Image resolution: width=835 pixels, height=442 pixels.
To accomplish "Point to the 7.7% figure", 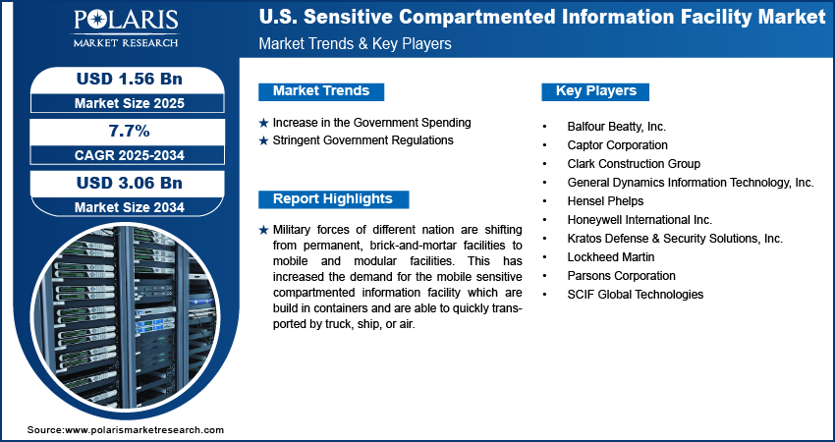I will click(128, 131).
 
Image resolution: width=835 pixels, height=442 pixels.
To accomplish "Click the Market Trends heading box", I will click(321, 91).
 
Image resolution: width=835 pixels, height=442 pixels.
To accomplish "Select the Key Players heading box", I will click(596, 91).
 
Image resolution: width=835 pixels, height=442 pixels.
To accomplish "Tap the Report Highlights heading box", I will click(332, 199).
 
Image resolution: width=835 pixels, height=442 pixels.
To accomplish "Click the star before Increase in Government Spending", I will click(263, 123).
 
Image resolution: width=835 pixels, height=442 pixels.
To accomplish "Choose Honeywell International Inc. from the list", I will click(640, 220).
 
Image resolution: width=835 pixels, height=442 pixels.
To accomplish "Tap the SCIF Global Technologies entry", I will click(635, 295).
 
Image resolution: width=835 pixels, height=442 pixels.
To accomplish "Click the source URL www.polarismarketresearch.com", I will click(144, 430).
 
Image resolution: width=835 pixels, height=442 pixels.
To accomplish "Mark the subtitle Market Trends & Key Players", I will click(355, 44).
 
